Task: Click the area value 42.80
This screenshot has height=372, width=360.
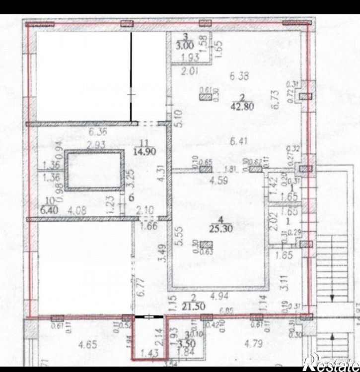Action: coord(242,105)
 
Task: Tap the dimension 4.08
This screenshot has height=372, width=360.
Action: coord(75,209)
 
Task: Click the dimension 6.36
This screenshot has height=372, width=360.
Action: coord(98,133)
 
